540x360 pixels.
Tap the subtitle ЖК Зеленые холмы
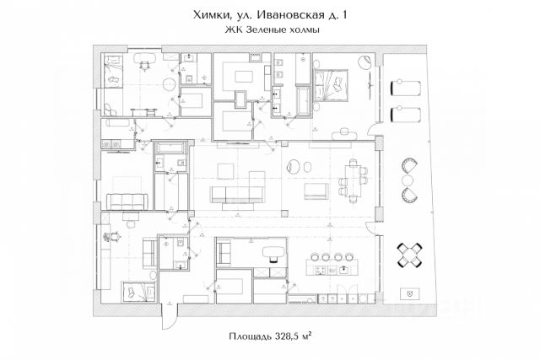pos(270,30)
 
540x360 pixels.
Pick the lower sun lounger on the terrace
pos(406,114)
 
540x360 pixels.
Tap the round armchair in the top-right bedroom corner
pos(364,62)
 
